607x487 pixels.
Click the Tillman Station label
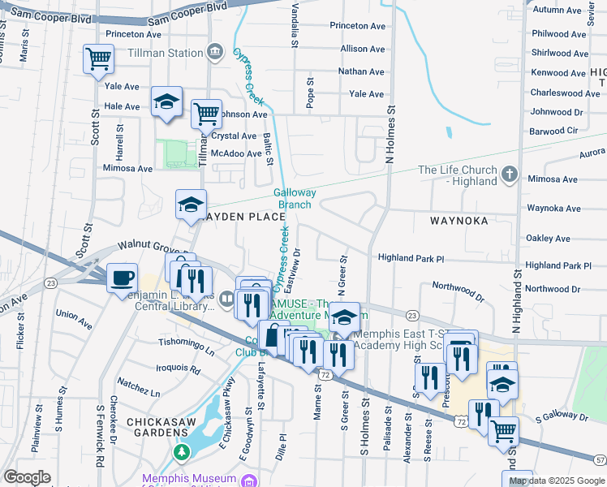point(165,54)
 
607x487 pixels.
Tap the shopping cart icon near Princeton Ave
point(98,58)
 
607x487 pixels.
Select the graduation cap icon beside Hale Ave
point(166,101)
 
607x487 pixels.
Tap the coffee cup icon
point(122,278)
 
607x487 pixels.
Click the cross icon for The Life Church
point(509,174)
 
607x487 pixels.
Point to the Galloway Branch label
point(294,199)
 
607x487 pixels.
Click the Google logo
point(27,477)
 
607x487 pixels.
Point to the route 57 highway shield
point(598,459)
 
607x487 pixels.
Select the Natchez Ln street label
point(138,386)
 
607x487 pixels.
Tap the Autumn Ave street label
point(558,11)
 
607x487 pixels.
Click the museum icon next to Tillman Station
point(215,53)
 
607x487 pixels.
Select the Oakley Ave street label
point(549,239)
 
